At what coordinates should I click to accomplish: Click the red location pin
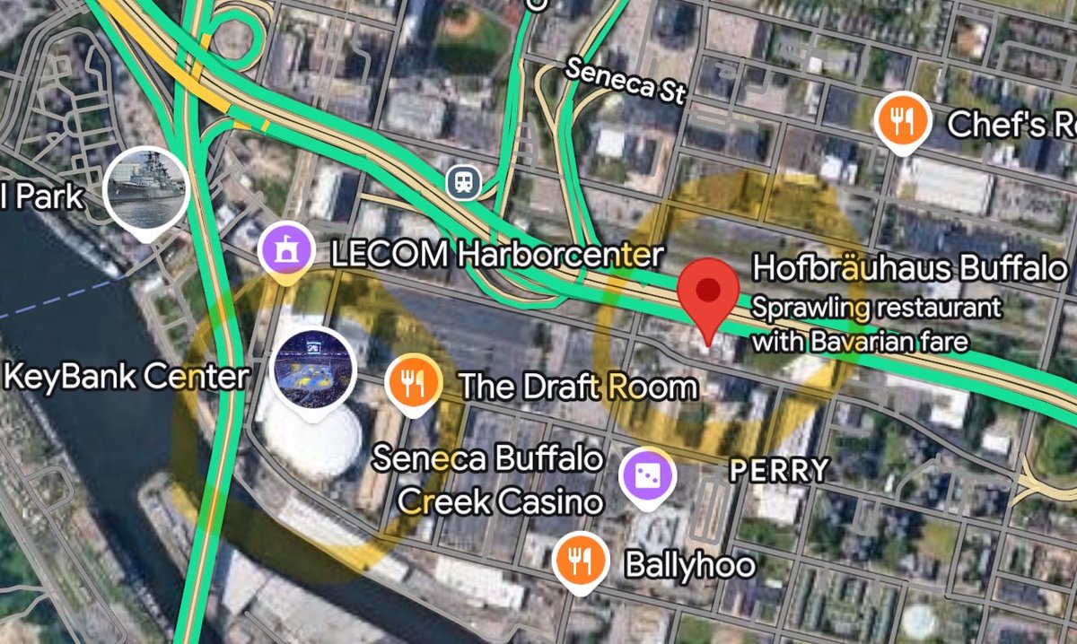coord(709,292)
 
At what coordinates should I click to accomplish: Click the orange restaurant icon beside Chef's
coord(901,120)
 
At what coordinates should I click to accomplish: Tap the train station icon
coord(463,183)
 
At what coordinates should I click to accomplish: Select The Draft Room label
coord(577,387)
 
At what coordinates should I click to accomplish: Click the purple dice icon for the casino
coord(646,474)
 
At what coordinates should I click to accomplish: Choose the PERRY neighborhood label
coord(778,469)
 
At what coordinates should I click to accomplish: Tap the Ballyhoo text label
coord(690,565)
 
